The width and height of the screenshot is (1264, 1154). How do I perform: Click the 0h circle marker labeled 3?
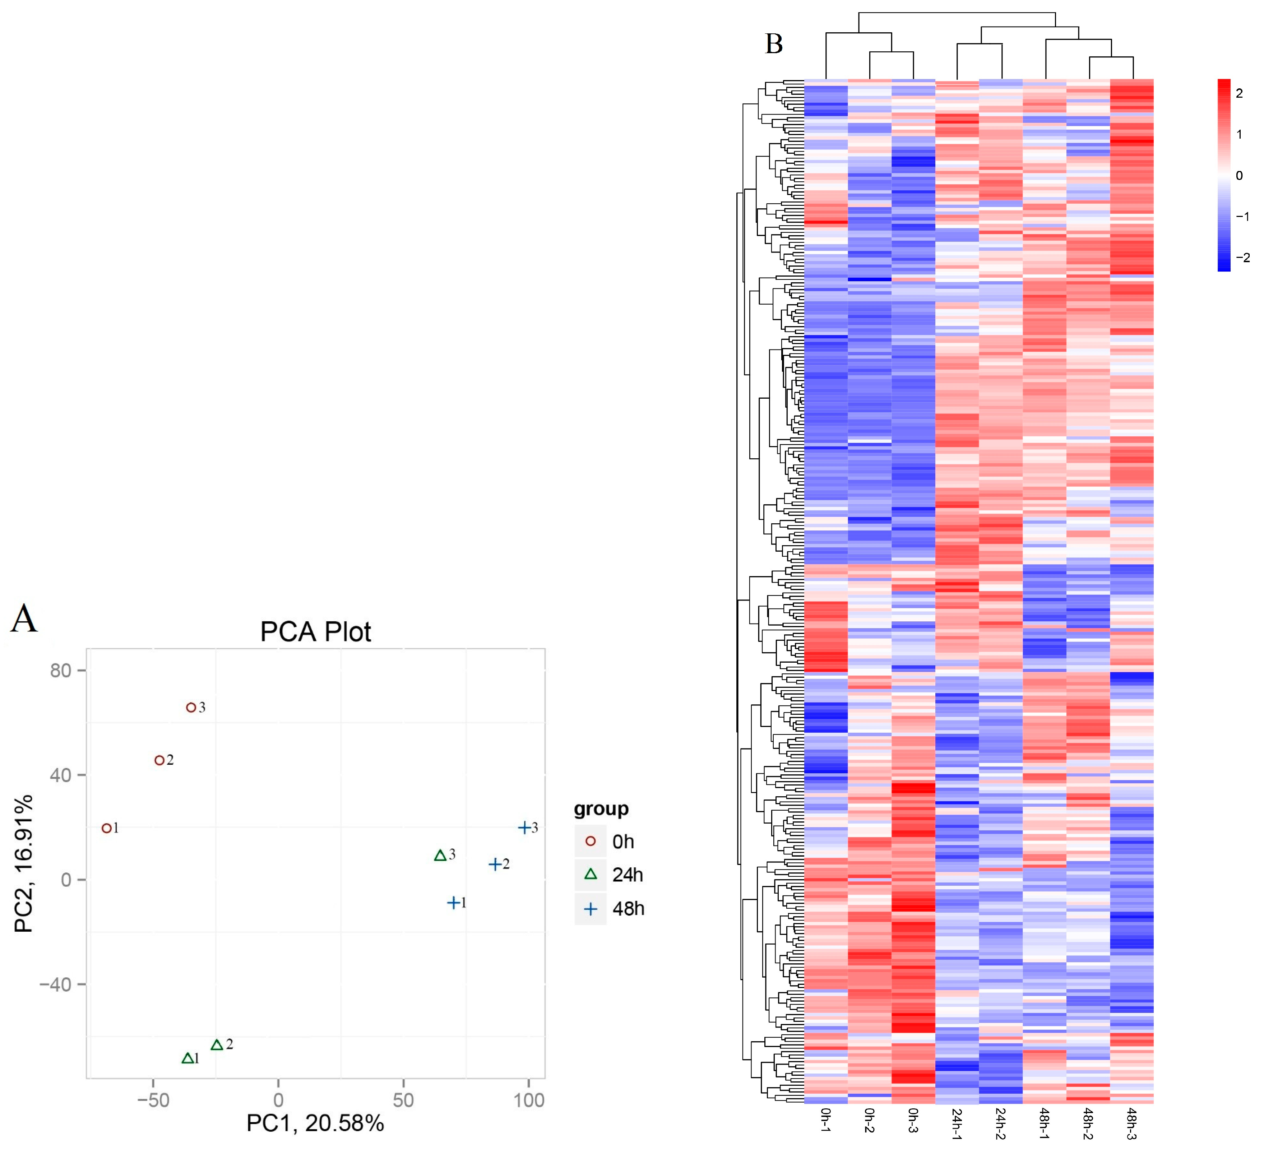191,707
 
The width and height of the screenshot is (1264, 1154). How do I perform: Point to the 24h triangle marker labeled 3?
440,856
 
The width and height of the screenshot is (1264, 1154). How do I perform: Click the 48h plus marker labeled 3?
524,828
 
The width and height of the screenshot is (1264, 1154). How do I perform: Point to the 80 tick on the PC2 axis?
61,670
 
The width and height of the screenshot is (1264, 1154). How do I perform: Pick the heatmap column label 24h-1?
957,1123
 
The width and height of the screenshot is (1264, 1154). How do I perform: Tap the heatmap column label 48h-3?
1132,1123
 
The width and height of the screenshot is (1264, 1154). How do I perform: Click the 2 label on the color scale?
1239,93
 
